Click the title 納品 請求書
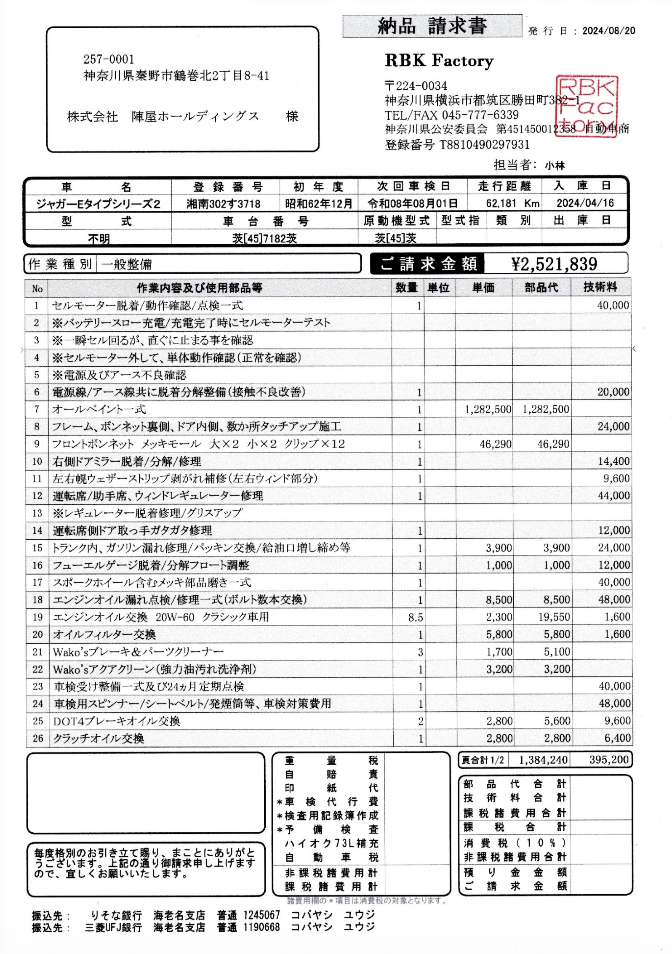tap(432, 27)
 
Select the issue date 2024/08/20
tap(608, 31)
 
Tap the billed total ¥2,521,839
tap(554, 264)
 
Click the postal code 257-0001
tap(109, 59)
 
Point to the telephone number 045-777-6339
tap(480, 115)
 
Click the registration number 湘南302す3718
tap(224, 204)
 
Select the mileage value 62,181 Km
tap(512, 203)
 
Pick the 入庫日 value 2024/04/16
tap(585, 203)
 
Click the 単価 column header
tap(483, 288)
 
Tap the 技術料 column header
tap(600, 288)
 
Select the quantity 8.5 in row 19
tap(415, 617)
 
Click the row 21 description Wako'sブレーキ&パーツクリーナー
tap(138, 652)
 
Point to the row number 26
tap(37, 738)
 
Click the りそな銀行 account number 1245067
tap(261, 915)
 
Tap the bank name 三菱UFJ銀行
tap(113, 927)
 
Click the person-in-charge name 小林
tap(555, 166)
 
